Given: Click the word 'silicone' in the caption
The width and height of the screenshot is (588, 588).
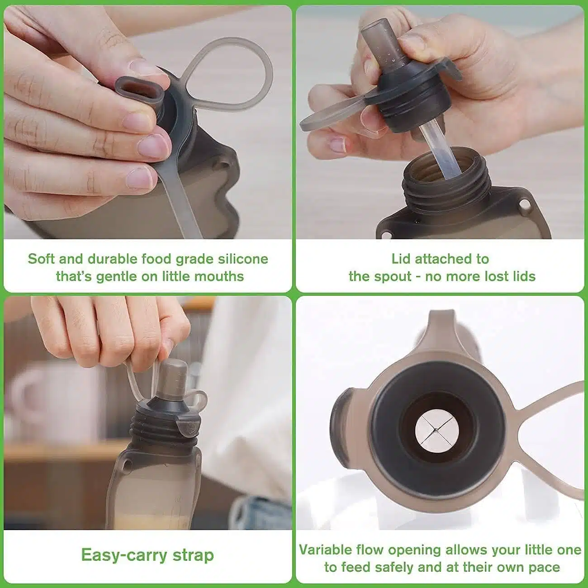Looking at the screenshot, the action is coord(243,259).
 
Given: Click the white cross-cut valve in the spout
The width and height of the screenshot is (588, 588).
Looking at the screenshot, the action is coord(436,430).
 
